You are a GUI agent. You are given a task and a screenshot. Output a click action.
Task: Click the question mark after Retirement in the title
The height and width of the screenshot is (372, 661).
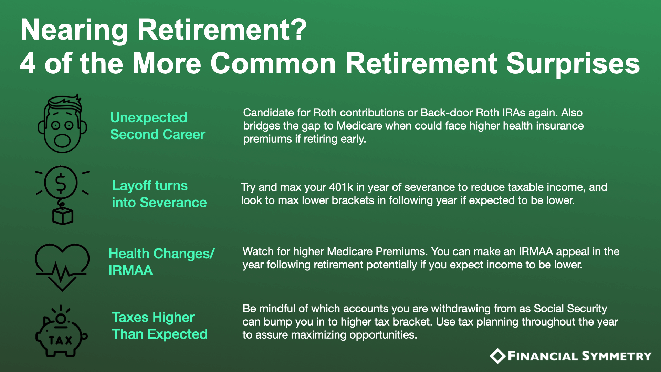coord(297,30)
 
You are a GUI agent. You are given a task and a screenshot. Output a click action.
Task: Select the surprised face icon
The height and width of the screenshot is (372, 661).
coord(62,124)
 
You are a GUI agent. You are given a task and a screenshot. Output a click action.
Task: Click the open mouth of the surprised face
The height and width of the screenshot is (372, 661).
coord(62,140)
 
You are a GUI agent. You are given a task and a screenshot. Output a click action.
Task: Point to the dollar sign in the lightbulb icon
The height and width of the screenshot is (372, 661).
coord(61,183)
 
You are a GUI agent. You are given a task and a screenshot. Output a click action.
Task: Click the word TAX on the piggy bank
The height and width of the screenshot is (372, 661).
coord(61,340)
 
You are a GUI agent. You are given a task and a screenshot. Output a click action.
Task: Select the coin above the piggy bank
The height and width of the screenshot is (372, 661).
coord(61,318)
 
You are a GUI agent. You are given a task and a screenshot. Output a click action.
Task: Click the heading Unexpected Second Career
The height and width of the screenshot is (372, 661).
coord(158,126)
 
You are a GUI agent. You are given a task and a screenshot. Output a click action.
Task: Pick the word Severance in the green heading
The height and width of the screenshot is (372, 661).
coord(174,203)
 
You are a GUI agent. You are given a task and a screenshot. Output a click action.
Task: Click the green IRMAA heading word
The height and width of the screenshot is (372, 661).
coord(131,271)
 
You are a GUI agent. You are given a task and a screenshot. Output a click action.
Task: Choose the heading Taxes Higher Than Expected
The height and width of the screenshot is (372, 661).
coord(160,326)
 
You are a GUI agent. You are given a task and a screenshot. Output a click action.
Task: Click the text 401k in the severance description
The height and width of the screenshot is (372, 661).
coord(341,187)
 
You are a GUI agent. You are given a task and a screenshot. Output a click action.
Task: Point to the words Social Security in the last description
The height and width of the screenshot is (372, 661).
coord(570,309)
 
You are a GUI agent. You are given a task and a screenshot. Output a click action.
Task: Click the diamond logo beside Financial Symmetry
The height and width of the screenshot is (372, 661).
coord(497,356)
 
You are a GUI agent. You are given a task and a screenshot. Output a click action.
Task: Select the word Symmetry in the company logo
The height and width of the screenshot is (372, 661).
coord(617,356)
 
